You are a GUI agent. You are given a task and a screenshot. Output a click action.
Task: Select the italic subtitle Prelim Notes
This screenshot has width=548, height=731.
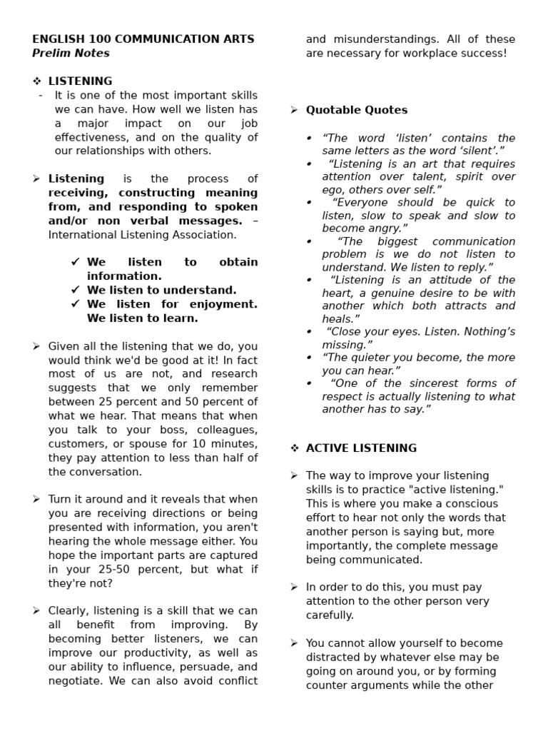pyautogui.click(x=71, y=53)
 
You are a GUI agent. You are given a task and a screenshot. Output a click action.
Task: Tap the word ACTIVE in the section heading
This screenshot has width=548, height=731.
pyautogui.click(x=328, y=448)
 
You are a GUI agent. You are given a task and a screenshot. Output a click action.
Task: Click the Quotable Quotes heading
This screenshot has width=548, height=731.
pyautogui.click(x=357, y=110)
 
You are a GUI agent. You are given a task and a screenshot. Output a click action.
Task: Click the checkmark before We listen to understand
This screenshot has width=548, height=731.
pyautogui.click(x=75, y=290)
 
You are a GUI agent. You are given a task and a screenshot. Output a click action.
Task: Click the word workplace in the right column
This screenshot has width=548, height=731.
pyautogui.click(x=430, y=53)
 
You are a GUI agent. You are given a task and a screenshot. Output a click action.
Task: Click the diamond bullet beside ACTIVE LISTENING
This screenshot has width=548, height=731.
pyautogui.click(x=294, y=448)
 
